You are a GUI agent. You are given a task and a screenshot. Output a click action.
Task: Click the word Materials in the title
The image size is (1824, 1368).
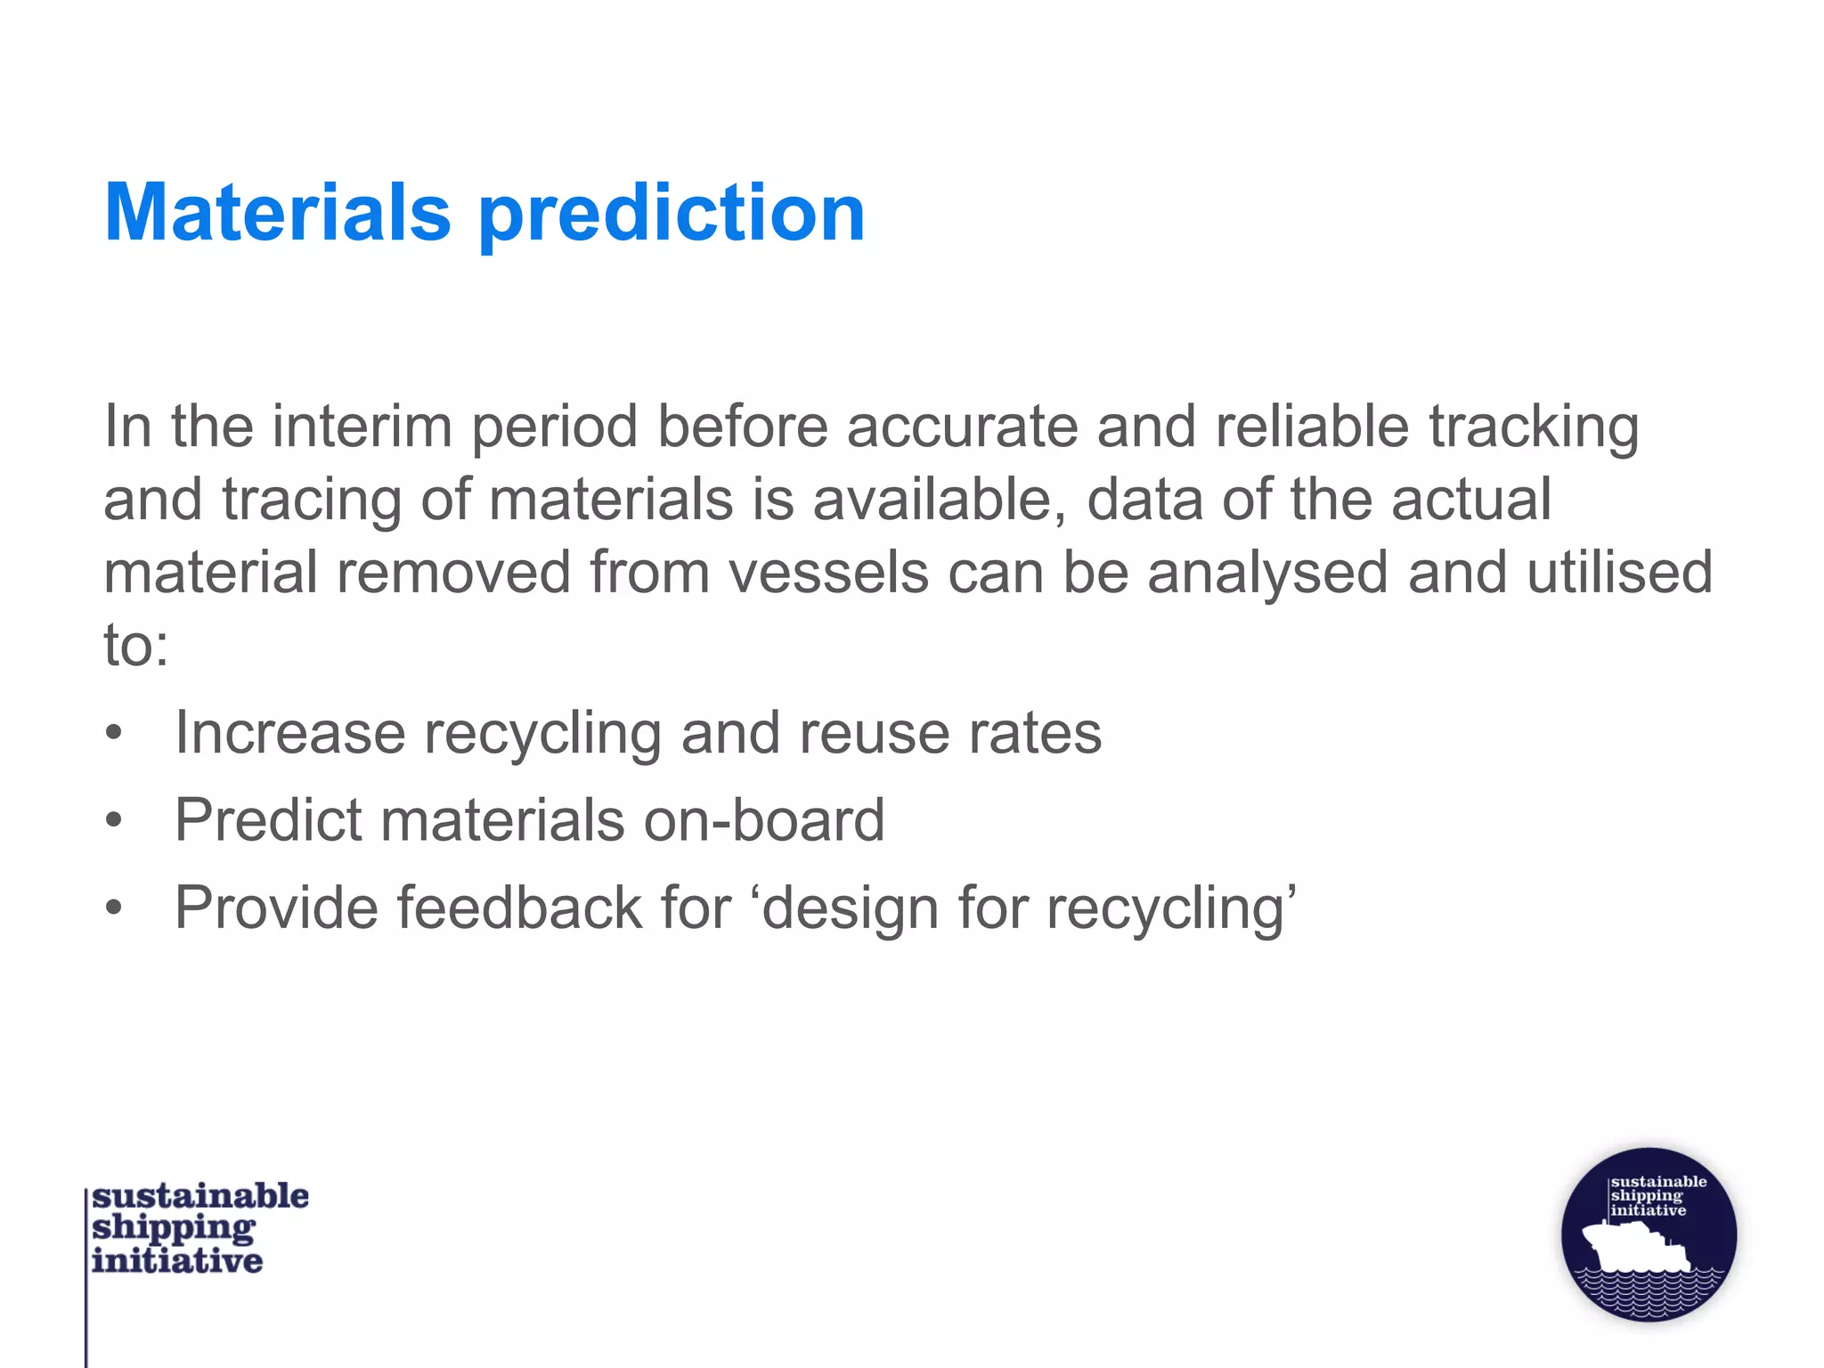[x=278, y=213]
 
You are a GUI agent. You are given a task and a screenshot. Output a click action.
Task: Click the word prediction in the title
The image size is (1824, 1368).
[x=672, y=215]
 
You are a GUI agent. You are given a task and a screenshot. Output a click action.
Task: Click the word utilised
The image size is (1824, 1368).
[x=1620, y=573]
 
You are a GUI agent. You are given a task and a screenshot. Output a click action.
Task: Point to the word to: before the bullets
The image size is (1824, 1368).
[x=135, y=645]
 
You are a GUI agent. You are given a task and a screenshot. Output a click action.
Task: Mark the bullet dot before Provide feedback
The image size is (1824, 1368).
[x=113, y=908]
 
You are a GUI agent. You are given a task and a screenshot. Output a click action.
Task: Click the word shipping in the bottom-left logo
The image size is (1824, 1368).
[x=174, y=1229]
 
